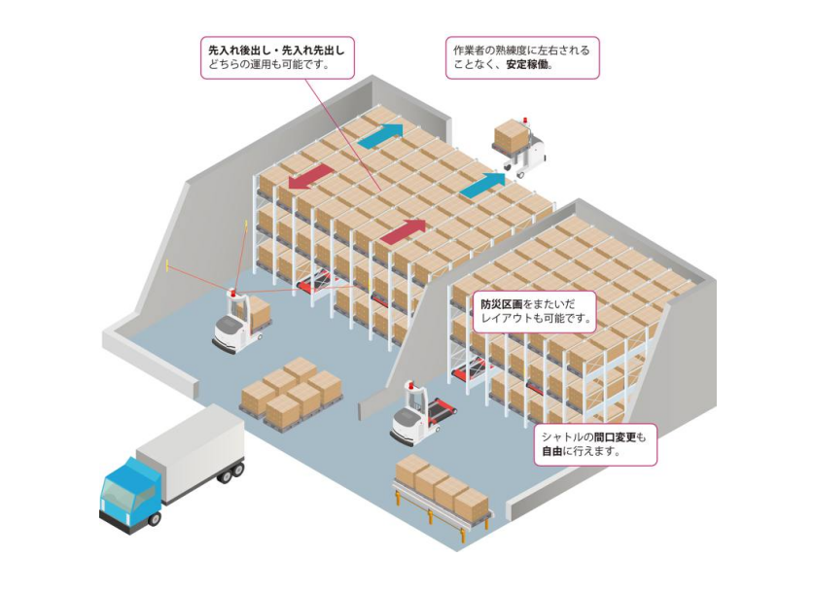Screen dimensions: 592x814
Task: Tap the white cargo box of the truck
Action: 191,452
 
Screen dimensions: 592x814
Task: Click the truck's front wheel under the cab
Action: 152,518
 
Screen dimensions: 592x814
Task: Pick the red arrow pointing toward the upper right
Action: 402,232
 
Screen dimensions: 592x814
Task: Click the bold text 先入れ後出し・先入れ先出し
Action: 276,48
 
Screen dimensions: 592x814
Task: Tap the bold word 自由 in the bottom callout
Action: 553,453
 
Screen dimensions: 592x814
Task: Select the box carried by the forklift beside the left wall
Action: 259,311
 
